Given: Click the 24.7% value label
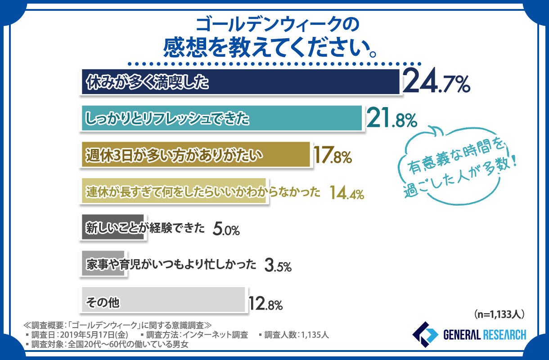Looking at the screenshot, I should pos(436,83).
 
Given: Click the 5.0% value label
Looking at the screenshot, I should pos(226,229).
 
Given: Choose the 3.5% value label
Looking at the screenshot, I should pos(278,265).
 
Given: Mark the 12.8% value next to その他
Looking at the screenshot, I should pos(265,304).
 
